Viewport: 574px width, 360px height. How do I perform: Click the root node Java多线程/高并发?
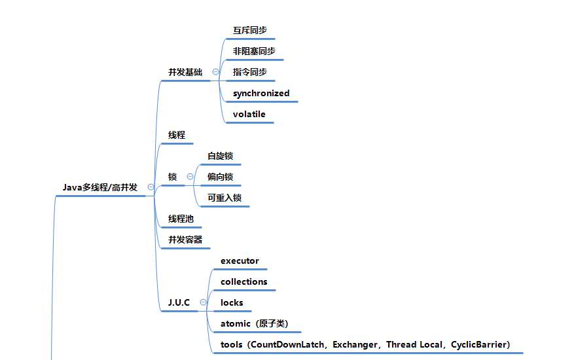tap(100, 187)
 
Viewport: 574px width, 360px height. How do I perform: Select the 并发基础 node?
tap(185, 72)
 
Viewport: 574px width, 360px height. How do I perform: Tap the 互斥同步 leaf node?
tap(250, 30)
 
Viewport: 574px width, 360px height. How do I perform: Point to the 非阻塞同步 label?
tap(254, 51)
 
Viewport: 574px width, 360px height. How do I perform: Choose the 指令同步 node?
tap(250, 72)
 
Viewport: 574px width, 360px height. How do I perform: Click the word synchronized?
tap(261, 94)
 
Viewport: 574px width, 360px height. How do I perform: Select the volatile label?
tap(249, 115)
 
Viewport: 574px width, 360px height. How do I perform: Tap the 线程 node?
tap(177, 135)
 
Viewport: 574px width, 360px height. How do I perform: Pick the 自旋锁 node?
tap(221, 156)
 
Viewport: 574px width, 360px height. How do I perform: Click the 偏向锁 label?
tap(221, 177)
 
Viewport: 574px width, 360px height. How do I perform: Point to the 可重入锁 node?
tap(224, 198)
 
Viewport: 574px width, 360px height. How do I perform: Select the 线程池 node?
tap(181, 219)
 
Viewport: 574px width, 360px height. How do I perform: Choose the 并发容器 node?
tap(185, 240)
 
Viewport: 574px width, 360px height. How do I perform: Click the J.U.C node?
tap(179, 302)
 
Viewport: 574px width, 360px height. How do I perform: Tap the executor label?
tap(240, 261)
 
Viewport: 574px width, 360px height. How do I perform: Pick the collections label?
tap(244, 281)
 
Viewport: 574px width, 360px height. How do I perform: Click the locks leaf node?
tap(232, 302)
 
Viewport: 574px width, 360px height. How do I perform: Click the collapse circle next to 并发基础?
tap(216, 72)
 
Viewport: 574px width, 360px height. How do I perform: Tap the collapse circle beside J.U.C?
tap(203, 302)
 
